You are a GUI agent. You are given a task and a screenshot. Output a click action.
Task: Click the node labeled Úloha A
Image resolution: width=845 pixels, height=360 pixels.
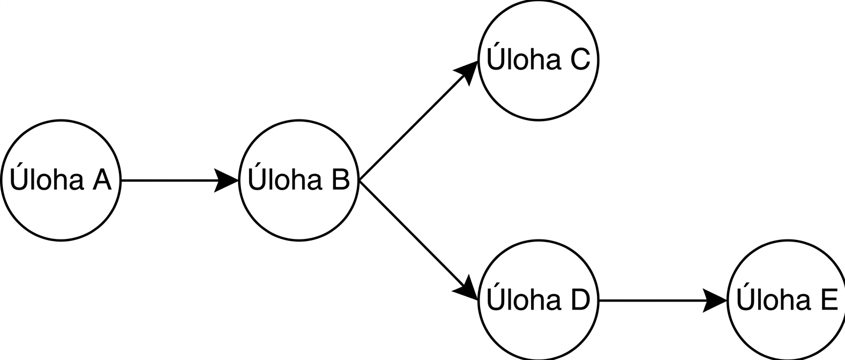[x=61, y=180]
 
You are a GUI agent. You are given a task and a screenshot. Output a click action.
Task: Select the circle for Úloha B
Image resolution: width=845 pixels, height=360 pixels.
[x=299, y=180]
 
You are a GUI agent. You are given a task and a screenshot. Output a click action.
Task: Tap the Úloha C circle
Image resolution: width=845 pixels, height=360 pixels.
[x=539, y=61]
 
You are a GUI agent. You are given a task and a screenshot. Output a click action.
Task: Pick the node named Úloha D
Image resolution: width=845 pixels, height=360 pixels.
[x=539, y=300]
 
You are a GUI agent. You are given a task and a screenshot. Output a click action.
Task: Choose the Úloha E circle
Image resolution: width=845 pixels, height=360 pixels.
[x=787, y=300]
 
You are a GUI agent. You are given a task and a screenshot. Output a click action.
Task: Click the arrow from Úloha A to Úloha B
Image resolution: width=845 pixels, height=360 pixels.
[x=180, y=180]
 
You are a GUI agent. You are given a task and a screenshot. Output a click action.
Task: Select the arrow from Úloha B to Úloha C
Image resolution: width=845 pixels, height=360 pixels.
[x=418, y=121]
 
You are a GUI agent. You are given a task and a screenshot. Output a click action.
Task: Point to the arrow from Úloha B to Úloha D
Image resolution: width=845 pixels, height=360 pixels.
[x=418, y=241]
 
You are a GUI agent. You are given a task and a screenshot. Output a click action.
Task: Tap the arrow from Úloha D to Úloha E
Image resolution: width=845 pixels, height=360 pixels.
[x=663, y=301]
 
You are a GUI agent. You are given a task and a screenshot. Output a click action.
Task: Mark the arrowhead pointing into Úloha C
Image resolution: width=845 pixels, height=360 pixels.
[x=467, y=72]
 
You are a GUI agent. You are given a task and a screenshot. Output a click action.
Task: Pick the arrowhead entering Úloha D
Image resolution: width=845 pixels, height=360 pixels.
[x=467, y=288]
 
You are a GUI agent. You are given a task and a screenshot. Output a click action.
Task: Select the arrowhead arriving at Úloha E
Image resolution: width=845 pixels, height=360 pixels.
[x=715, y=301]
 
